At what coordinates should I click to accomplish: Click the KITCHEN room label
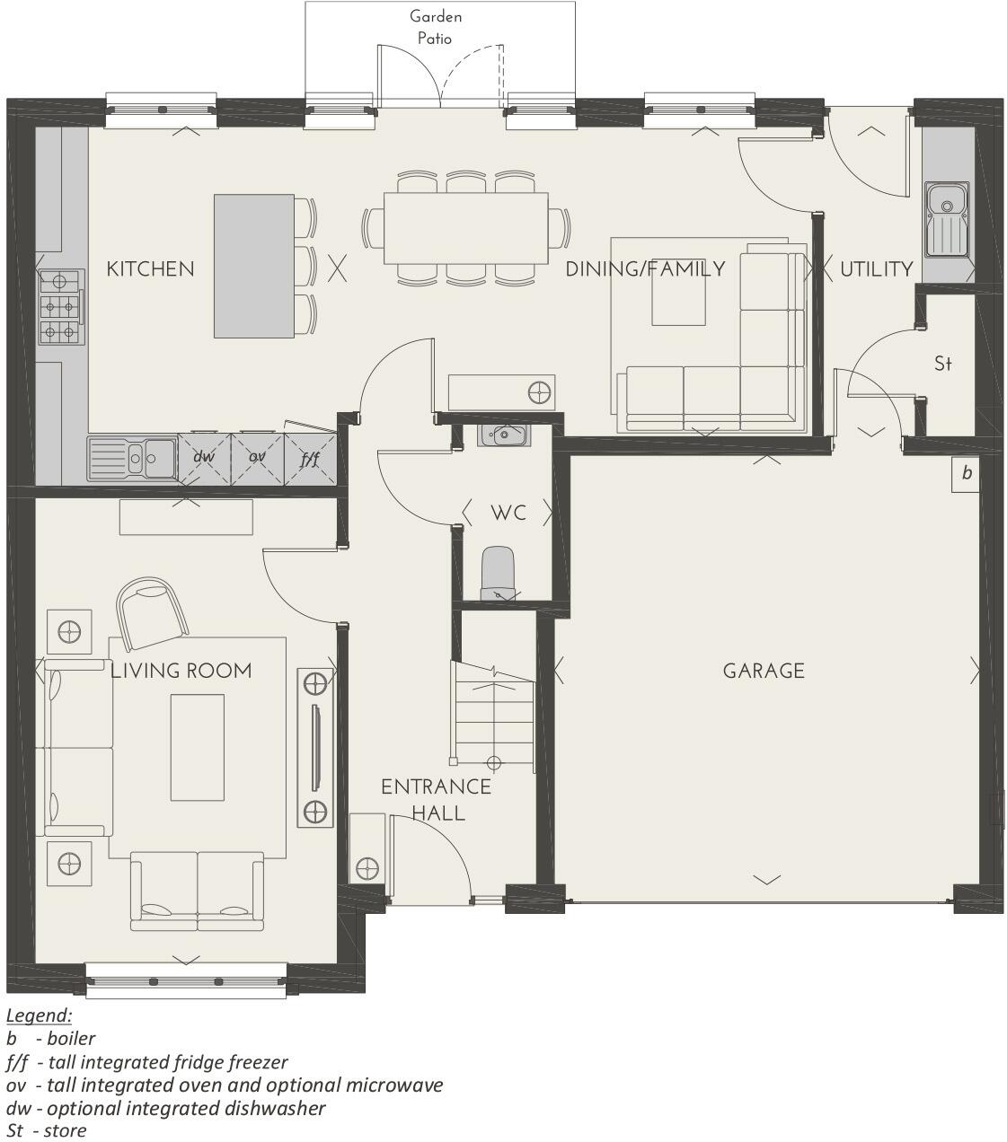pos(150,268)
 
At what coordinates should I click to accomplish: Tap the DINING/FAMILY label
pos(645,268)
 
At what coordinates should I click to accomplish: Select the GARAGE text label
pos(764,671)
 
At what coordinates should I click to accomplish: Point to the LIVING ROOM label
pos(181,671)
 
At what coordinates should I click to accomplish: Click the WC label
pos(508,514)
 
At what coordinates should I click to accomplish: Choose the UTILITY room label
pos(876,268)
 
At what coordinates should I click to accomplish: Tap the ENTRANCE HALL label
pos(436,799)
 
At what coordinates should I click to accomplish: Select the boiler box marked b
pos(966,473)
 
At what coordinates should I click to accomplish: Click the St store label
pos(942,364)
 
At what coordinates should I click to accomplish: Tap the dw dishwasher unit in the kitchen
pos(205,457)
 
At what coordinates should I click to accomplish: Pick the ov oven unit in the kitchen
pos(258,457)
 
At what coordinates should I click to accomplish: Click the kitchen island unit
pos(254,266)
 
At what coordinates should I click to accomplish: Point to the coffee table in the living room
pos(197,747)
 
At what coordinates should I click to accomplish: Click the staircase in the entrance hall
pos(493,714)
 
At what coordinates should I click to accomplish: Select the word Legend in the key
pos(39,1015)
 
